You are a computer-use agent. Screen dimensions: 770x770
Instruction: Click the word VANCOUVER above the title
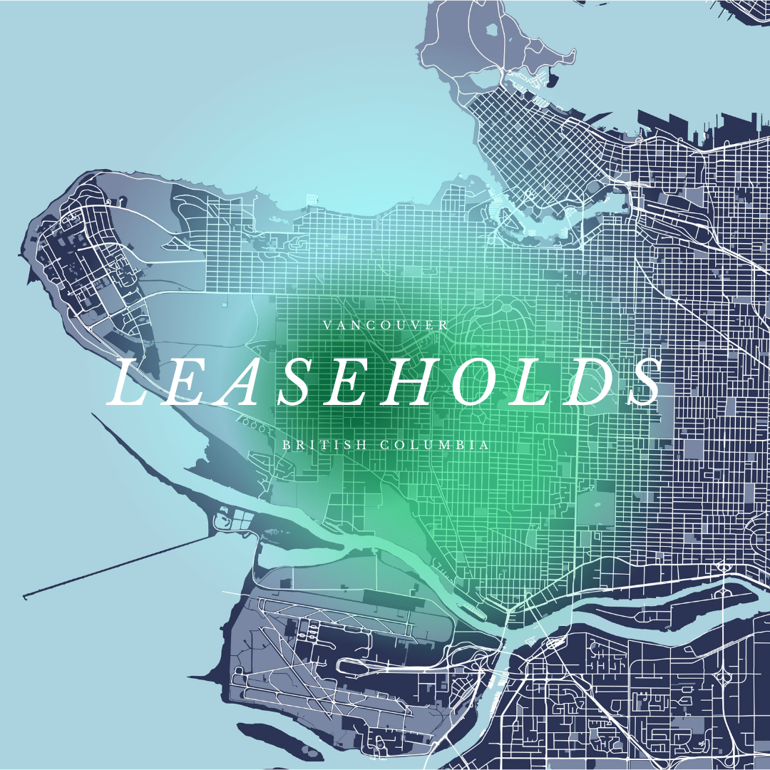tap(386, 325)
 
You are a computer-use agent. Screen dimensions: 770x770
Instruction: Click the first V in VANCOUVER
tap(327, 325)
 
